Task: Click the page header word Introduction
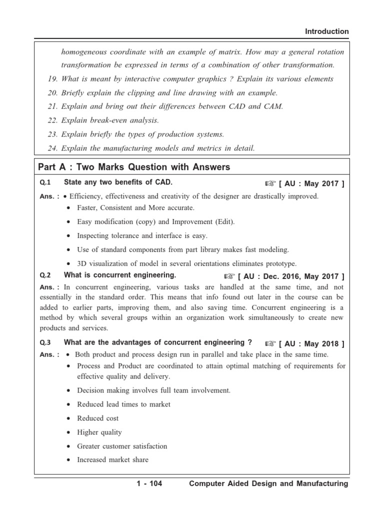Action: [327, 31]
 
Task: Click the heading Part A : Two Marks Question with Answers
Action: [134, 167]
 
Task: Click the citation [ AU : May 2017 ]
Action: [311, 183]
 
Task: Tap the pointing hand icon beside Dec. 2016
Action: [229, 276]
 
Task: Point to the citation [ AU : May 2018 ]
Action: [311, 343]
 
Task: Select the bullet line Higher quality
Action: [99, 432]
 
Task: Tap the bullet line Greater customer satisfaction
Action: [122, 446]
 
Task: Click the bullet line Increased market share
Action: [112, 460]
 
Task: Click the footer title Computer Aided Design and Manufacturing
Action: [268, 483]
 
